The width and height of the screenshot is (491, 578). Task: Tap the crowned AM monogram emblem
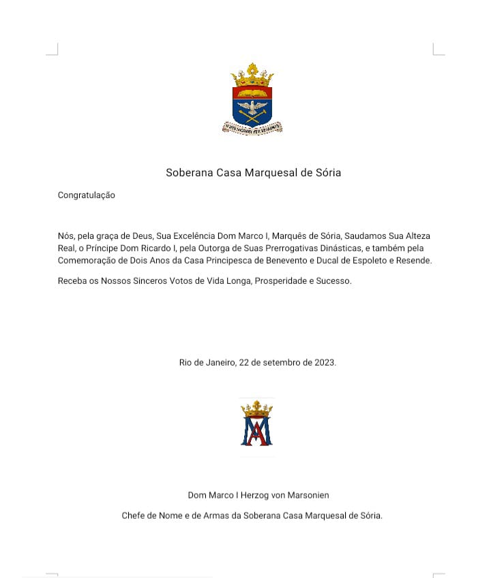256,423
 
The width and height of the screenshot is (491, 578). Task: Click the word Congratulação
87,195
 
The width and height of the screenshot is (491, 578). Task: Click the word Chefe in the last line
135,515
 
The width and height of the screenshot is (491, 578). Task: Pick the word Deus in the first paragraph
140,236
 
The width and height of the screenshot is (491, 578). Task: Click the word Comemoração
86,261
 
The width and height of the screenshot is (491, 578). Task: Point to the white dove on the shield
252,108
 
